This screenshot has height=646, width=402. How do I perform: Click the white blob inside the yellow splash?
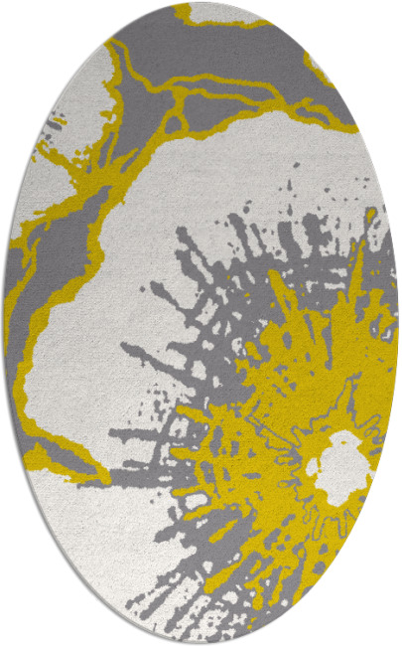click(x=337, y=465)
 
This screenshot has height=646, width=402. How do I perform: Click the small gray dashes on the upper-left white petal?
click(x=55, y=126)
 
